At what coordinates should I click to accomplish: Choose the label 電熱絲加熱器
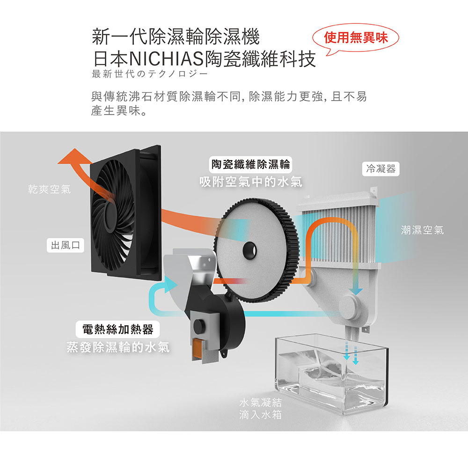(x=117, y=329)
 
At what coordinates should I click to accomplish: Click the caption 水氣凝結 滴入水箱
(x=261, y=409)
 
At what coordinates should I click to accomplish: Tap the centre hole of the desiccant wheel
(x=249, y=250)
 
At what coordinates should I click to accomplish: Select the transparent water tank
(x=332, y=374)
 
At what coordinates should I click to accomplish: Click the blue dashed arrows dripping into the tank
(x=351, y=351)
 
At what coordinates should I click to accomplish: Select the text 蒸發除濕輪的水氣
(x=117, y=347)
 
